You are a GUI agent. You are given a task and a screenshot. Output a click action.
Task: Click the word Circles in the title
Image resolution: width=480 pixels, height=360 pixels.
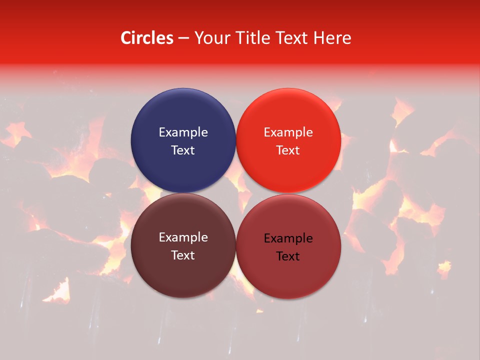pyautogui.click(x=147, y=38)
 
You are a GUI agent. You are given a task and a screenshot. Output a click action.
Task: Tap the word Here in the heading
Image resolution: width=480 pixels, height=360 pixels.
pyautogui.click(x=332, y=38)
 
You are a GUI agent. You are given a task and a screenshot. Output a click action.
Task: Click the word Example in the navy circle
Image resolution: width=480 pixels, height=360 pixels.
pyautogui.click(x=183, y=132)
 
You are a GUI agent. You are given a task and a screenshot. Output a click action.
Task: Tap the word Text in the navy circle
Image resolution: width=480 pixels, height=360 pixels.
pyautogui.click(x=183, y=150)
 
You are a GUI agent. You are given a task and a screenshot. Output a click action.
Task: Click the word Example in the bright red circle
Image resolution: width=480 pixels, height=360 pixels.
pyautogui.click(x=288, y=132)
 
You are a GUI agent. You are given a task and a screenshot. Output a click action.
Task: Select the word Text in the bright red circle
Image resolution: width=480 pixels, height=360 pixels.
pyautogui.click(x=288, y=150)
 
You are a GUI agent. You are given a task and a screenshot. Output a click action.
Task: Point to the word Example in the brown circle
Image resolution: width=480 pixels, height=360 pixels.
pyautogui.click(x=183, y=237)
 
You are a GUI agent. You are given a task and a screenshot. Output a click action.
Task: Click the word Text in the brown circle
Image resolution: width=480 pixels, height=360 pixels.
pyautogui.click(x=183, y=255)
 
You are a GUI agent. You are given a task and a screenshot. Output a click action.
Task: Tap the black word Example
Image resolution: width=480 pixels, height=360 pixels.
pyautogui.click(x=288, y=238)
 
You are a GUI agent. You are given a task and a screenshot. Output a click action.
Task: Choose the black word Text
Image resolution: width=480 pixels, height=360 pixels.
pyautogui.click(x=288, y=256)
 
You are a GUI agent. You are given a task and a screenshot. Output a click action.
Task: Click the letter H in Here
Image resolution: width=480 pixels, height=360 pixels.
pyautogui.click(x=318, y=38)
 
